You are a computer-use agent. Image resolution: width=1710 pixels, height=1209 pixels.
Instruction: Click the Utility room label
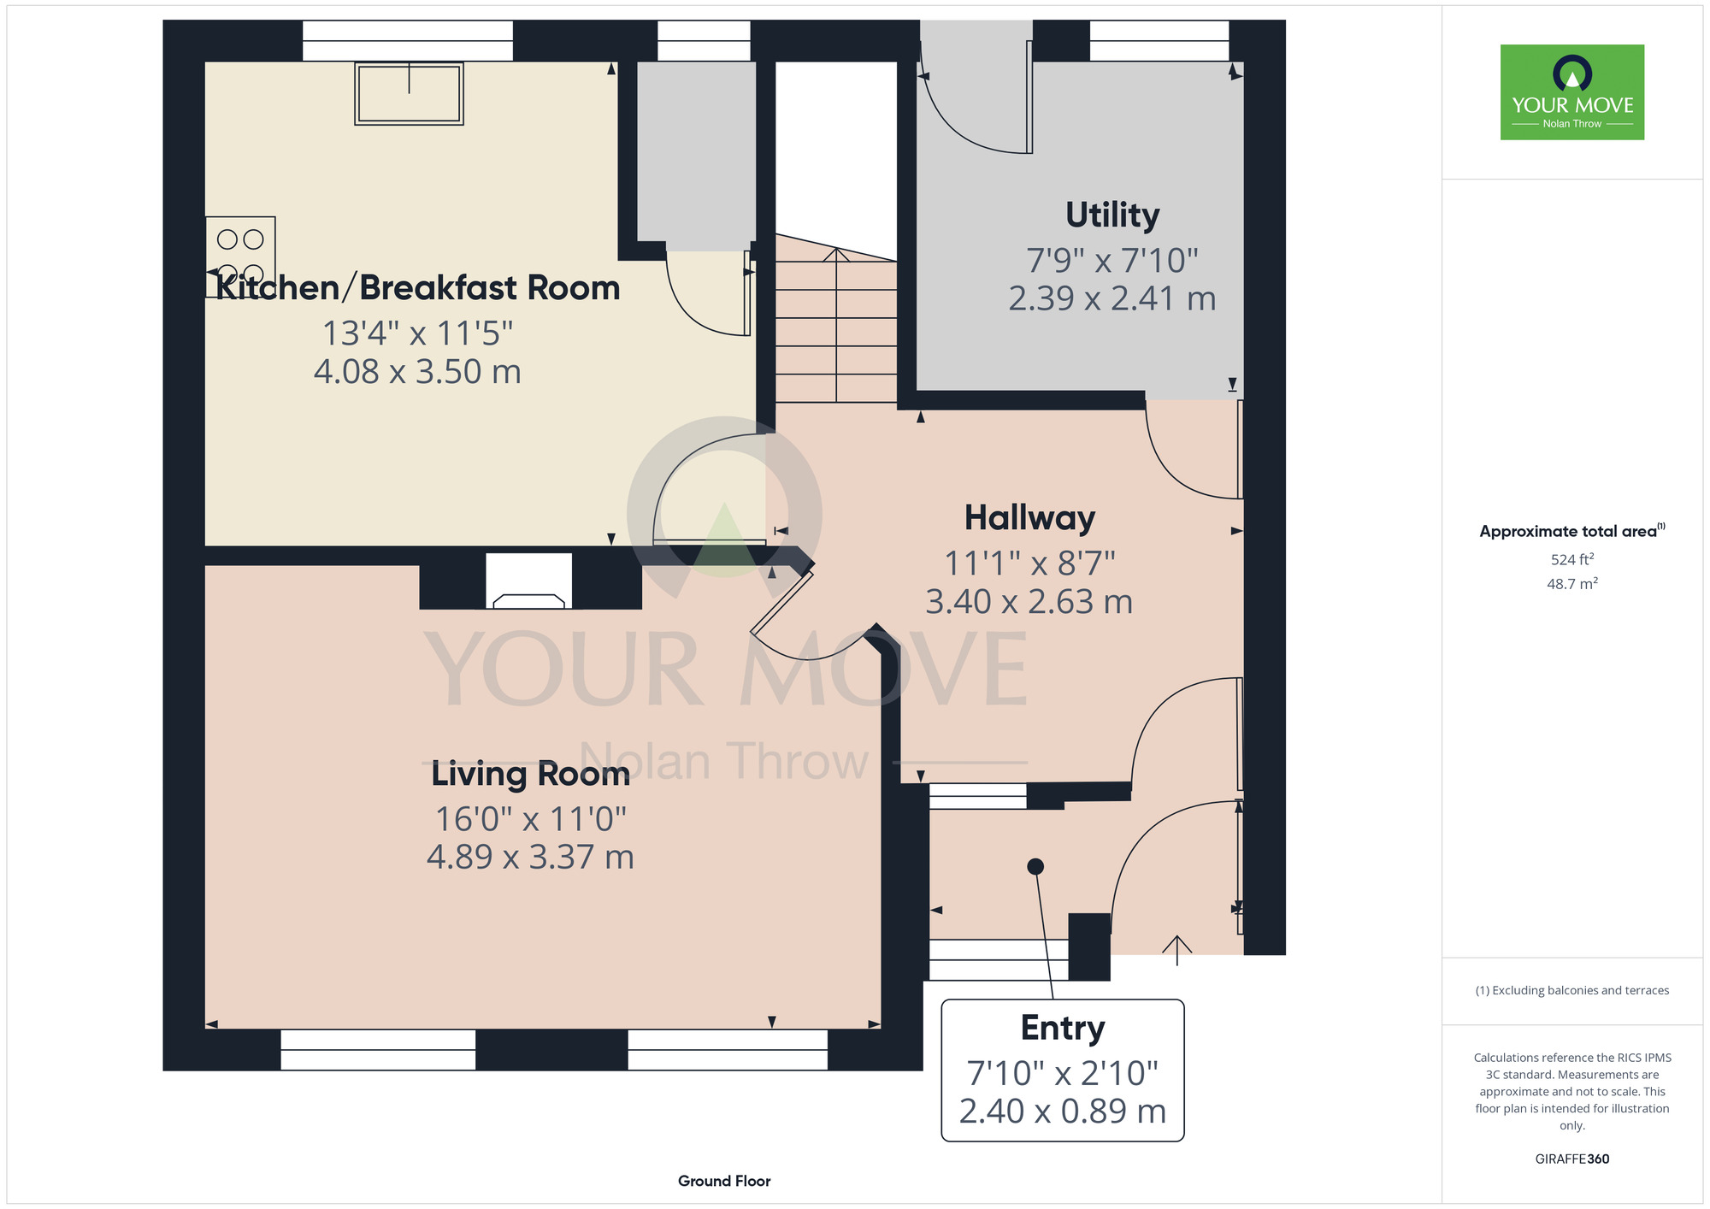pos(1112,215)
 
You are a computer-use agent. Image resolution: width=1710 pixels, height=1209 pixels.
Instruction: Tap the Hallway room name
pos(1029,518)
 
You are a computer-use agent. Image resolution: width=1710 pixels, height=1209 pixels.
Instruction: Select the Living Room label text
pos(530,774)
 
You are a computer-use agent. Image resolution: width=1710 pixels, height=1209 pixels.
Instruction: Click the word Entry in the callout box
pos(1063,1028)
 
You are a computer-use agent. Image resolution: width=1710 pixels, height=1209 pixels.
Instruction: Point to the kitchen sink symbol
pos(409,93)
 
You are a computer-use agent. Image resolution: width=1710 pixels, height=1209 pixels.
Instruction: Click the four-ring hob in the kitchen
pos(240,257)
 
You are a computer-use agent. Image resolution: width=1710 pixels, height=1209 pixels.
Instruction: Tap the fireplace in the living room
pos(529,581)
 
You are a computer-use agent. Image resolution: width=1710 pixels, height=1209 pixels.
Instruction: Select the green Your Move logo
pos(1572,92)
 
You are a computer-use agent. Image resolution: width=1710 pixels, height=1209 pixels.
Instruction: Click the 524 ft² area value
pos(1572,559)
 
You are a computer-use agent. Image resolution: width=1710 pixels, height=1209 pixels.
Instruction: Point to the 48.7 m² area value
pos(1572,584)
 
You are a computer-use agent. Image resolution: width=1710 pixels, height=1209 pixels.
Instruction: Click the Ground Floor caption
pos(724,1181)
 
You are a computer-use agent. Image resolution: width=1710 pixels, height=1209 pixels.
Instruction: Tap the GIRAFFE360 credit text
pos(1572,1159)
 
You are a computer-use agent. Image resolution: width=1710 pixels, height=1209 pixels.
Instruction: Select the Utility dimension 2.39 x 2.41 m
pos(1112,298)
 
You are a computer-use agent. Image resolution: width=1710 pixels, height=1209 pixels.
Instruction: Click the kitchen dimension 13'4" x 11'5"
pos(417,333)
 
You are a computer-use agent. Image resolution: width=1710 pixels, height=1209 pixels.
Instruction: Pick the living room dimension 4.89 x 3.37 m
pos(530,857)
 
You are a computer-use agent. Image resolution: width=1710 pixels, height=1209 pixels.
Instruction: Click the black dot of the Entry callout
pos(1035,866)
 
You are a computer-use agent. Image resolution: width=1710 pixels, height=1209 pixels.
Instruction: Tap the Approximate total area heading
pos(1572,531)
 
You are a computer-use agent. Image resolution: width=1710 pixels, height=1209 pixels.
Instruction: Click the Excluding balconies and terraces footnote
pos(1572,990)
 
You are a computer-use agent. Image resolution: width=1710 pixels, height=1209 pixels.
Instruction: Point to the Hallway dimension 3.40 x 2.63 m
pos(1029,602)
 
